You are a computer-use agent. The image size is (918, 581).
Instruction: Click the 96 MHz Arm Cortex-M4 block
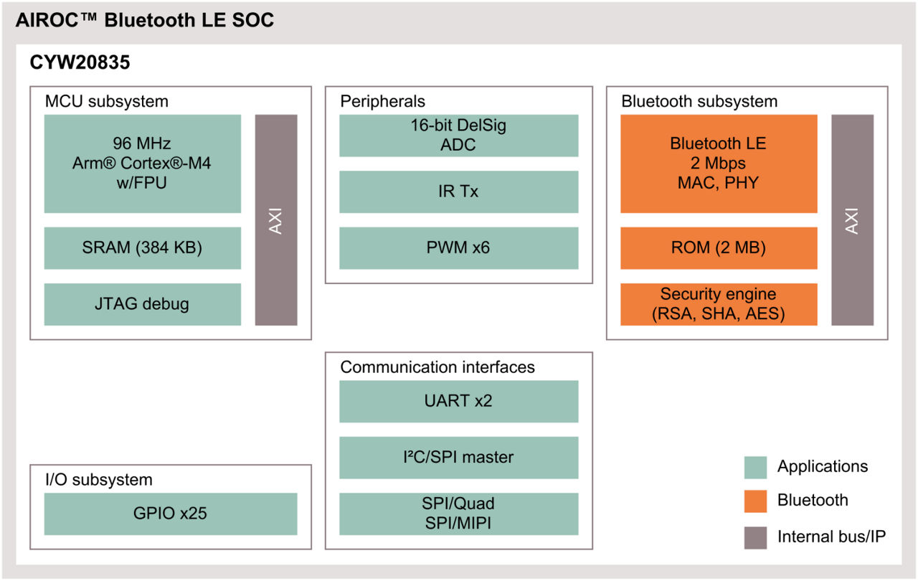tap(143, 164)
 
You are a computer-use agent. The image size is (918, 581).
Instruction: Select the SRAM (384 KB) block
tap(143, 248)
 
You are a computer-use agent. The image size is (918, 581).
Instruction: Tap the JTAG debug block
tap(143, 304)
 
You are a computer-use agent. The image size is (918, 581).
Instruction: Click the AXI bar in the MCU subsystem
tap(276, 219)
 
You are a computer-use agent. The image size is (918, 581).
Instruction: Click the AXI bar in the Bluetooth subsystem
tap(852, 219)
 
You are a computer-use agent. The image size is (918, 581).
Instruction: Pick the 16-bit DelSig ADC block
tap(458, 136)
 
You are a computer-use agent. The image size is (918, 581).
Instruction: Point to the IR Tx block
tap(458, 192)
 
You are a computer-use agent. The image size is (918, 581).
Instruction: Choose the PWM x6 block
tap(458, 248)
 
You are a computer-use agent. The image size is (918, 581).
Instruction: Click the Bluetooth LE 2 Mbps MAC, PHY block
tap(719, 164)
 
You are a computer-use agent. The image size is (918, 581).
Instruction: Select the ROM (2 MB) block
tap(719, 248)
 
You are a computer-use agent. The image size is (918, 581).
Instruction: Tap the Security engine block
tap(719, 304)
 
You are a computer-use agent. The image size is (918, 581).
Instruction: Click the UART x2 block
tap(458, 401)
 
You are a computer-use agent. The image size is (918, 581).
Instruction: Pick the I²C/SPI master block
tap(458, 458)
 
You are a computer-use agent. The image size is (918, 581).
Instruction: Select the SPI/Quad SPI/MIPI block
tap(458, 514)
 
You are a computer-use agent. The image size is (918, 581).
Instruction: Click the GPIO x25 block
tap(171, 514)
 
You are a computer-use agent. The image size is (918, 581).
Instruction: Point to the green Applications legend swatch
tap(755, 467)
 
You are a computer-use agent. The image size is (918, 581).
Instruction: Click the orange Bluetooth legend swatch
tap(755, 501)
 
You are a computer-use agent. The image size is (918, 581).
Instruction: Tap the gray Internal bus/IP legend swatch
tap(755, 537)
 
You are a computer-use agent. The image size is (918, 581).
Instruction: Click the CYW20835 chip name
tap(80, 63)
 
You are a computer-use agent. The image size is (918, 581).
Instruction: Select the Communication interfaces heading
tap(437, 367)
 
